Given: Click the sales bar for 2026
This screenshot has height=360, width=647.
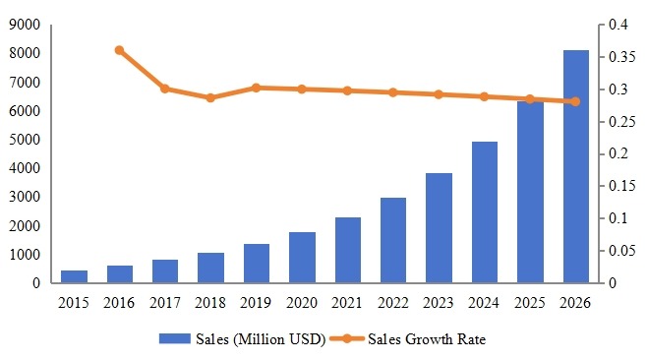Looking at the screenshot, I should [x=576, y=167].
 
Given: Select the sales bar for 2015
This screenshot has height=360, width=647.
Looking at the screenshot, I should [x=74, y=276].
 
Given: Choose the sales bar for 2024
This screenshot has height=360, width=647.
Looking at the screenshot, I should [x=485, y=212].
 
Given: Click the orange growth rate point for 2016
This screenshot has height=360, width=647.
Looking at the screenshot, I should [x=119, y=50].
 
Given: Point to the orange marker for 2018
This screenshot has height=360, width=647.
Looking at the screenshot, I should [x=210, y=97].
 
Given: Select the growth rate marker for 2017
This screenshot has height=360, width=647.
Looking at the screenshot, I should [x=165, y=89].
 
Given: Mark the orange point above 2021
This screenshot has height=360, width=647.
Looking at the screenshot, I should [x=348, y=90].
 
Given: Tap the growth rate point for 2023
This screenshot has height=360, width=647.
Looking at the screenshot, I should [x=440, y=94].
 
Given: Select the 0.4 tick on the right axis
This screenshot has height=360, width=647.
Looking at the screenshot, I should [x=618, y=26].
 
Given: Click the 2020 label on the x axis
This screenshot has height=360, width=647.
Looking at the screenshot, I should [x=302, y=302].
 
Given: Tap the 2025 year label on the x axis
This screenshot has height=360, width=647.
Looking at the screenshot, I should [x=531, y=302].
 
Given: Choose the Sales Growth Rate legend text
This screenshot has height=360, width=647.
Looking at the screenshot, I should [x=427, y=340].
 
